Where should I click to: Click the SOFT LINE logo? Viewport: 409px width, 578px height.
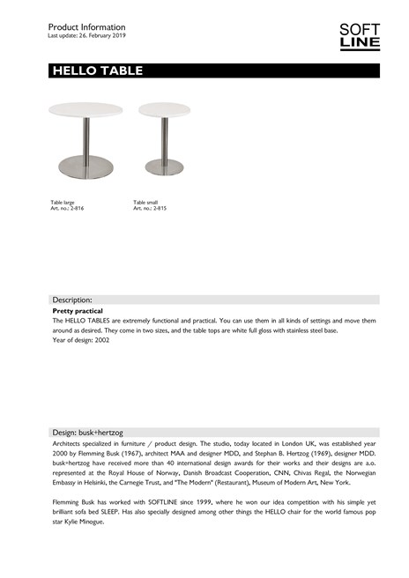click(360, 36)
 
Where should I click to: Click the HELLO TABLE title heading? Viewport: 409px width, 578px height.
click(97, 71)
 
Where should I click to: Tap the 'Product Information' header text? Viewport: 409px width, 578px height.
click(86, 27)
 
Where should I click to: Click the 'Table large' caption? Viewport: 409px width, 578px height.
click(63, 203)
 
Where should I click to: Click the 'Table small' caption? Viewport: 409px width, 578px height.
click(146, 203)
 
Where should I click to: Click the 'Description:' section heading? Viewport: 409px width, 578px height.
click(72, 300)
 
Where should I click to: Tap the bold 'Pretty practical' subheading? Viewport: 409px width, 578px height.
click(78, 311)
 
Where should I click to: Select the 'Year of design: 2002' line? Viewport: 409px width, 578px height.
click(81, 340)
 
